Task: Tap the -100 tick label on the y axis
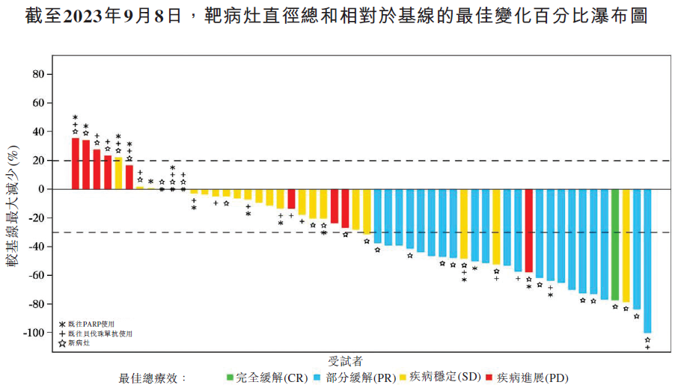(34, 333)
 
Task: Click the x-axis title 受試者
(346, 360)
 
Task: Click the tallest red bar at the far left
(76, 163)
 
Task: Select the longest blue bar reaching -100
(647, 261)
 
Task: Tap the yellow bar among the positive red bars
(118, 173)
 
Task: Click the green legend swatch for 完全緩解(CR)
(230, 377)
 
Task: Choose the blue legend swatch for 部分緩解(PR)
(318, 377)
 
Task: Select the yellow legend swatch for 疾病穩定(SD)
(403, 377)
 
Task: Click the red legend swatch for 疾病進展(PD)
(489, 377)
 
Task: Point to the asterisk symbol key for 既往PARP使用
(62, 324)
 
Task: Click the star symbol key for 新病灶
(62, 344)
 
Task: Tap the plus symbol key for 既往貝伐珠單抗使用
(62, 333)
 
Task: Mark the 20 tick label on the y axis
(38, 161)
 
